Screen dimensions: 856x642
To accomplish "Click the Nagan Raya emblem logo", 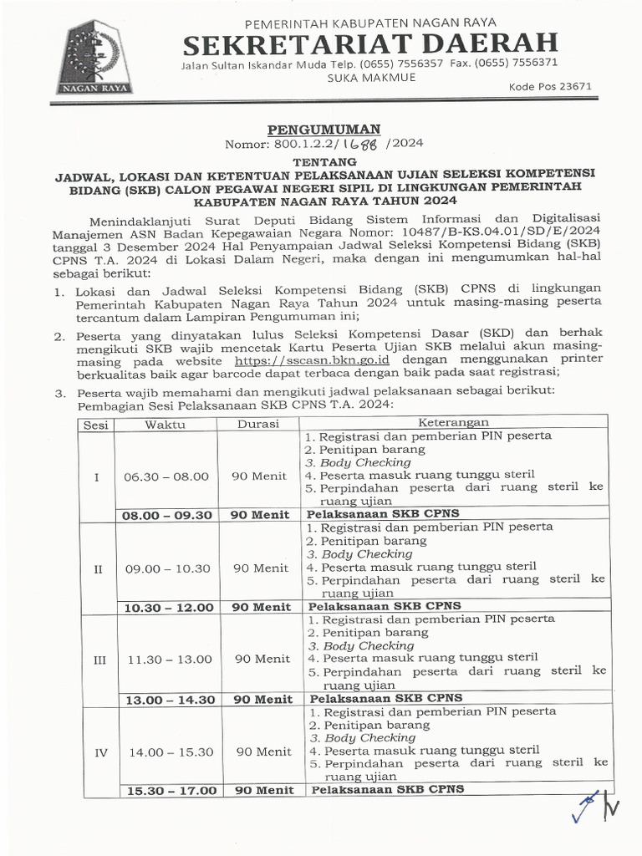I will click(90, 57).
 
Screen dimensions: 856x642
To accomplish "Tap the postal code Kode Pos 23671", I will click(550, 86).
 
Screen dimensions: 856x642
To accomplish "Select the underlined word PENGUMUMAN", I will click(324, 129).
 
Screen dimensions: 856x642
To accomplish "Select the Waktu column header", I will click(165, 425).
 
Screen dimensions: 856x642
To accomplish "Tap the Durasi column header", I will click(258, 425).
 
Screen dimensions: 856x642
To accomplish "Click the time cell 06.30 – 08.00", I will click(166, 476).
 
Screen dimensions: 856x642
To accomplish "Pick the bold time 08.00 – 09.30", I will click(167, 515).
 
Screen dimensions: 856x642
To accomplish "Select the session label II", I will click(98, 568).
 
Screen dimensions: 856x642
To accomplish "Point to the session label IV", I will click(101, 752).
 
